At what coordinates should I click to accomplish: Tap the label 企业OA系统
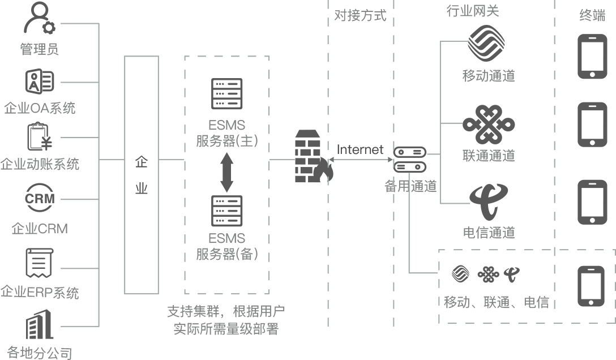(x=40, y=108)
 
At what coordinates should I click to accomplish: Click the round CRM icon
(x=40, y=199)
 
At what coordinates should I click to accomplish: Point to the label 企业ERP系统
(x=40, y=293)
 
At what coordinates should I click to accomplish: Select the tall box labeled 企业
(x=141, y=175)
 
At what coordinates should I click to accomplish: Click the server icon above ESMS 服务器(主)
(x=227, y=93)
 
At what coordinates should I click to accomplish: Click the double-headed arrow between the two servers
(x=227, y=172)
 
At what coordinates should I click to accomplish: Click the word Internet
(x=360, y=150)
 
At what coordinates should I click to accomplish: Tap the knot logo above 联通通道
(x=488, y=126)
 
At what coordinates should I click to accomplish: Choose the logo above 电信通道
(x=488, y=202)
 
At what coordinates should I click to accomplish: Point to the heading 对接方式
(x=360, y=16)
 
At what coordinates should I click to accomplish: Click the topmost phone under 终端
(x=592, y=56)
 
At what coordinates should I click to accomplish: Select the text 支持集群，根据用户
(x=226, y=311)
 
